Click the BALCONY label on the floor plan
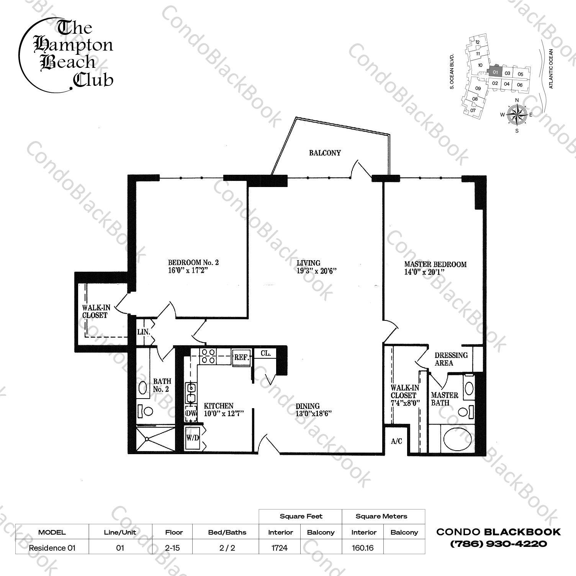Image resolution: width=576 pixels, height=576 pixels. click(325, 153)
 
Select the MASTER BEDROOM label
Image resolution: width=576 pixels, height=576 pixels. click(435, 264)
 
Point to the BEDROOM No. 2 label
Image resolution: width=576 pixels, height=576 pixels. click(193, 263)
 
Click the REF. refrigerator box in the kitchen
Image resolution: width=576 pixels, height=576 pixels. click(242, 358)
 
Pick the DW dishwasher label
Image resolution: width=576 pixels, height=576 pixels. click(191, 414)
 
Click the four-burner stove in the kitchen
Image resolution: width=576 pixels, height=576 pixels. click(208, 356)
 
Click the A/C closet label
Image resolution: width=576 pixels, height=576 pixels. click(396, 441)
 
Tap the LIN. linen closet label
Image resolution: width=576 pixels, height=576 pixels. click(143, 332)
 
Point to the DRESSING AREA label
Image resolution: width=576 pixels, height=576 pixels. click(451, 359)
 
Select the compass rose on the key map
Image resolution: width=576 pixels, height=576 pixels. click(517, 115)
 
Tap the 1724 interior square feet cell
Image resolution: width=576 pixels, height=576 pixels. click(280, 548)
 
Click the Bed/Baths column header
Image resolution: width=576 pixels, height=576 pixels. click(227, 532)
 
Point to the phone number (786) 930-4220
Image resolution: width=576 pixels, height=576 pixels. click(498, 543)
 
